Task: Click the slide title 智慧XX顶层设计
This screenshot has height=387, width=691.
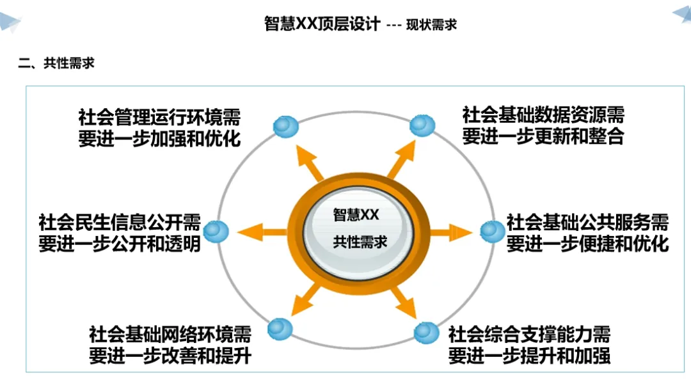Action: click(x=322, y=24)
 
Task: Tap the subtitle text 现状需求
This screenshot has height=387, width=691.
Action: click(x=431, y=25)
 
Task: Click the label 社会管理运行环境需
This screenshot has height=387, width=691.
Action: click(x=159, y=118)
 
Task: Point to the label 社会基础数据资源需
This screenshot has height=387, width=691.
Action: click(x=543, y=115)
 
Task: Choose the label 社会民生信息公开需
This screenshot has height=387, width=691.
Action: click(x=120, y=223)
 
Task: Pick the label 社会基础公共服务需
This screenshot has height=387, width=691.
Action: click(x=587, y=223)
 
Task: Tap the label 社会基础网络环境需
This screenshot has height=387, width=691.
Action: click(x=170, y=334)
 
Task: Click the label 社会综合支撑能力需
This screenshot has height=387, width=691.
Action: click(x=529, y=334)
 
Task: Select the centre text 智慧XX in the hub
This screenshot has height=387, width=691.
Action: click(x=356, y=215)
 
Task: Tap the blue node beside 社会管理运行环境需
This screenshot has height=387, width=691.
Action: click(x=285, y=127)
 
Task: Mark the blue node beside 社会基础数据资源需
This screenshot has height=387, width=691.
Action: click(x=422, y=125)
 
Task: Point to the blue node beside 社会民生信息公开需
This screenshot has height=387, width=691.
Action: click(x=216, y=232)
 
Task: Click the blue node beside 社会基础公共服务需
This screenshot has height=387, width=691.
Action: click(x=492, y=231)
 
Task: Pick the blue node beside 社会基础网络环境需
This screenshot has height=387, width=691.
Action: click(x=280, y=329)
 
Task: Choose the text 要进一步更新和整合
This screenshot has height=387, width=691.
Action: click(x=543, y=137)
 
